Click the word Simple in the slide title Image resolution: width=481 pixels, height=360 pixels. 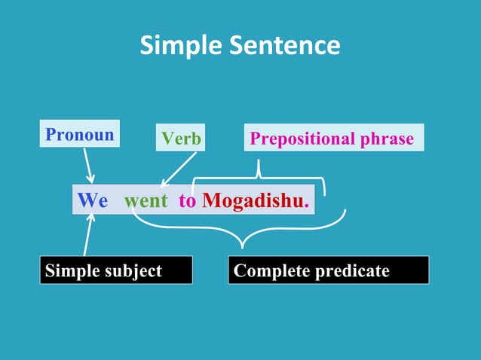pos(179,47)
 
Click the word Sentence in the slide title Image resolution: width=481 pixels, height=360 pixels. pos(280,47)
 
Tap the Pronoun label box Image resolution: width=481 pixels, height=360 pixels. pos(79,135)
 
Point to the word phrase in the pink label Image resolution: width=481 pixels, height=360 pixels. pos(387,139)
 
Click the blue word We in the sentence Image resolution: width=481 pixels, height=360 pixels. pos(93,202)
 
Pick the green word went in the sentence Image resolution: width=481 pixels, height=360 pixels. pos(146,202)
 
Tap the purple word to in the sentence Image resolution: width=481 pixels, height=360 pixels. pos(187,202)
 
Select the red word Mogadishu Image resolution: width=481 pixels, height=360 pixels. pos(252,202)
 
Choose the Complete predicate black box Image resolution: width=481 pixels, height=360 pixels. pos(328,270)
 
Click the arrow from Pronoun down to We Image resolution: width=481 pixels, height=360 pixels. pos(88,165)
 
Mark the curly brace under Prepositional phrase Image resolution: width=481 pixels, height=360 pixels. pos(259,175)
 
